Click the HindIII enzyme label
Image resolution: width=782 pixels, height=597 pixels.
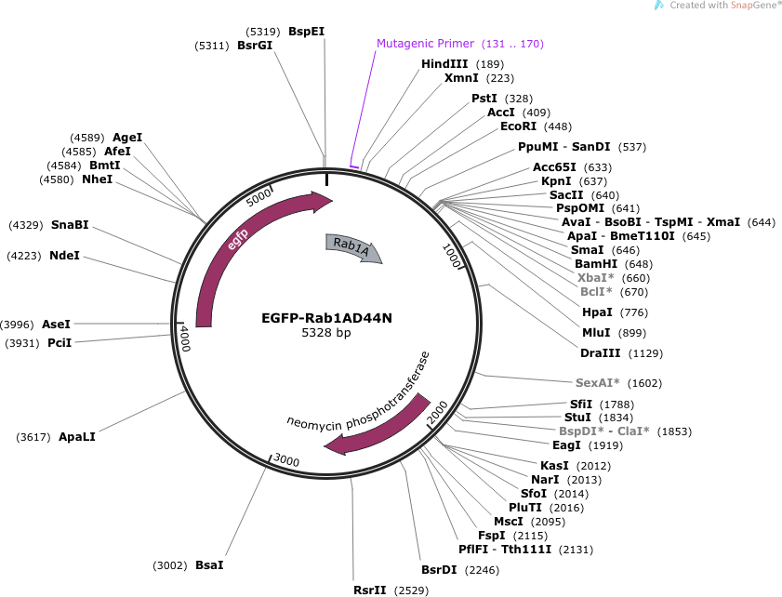coord(444,64)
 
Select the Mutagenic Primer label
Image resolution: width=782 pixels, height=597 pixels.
coord(425,44)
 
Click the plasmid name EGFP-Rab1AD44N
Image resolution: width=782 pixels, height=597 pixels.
coord(326,318)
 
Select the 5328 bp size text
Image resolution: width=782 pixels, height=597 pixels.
coord(326,332)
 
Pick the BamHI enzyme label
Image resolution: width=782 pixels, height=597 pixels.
coord(596,264)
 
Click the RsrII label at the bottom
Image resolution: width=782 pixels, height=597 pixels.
coord(369,590)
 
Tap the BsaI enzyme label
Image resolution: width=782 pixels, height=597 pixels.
coord(209,565)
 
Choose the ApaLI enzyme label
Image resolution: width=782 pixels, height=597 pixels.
coord(77,437)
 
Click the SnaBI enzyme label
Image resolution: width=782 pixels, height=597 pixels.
coord(70,225)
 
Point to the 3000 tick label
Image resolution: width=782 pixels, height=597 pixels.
coord(286,460)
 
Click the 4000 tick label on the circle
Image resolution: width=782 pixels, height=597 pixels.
coord(185,338)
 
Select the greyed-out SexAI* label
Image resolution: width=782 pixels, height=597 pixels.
coord(598,382)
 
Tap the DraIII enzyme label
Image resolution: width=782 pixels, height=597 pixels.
coord(601,353)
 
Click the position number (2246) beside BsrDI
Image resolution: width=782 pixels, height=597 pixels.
coord(482,570)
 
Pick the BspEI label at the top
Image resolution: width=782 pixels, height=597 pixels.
coord(306,32)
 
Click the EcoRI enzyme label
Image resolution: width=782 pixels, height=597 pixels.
coord(518,126)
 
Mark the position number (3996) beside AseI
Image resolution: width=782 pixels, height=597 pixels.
coord(17,325)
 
